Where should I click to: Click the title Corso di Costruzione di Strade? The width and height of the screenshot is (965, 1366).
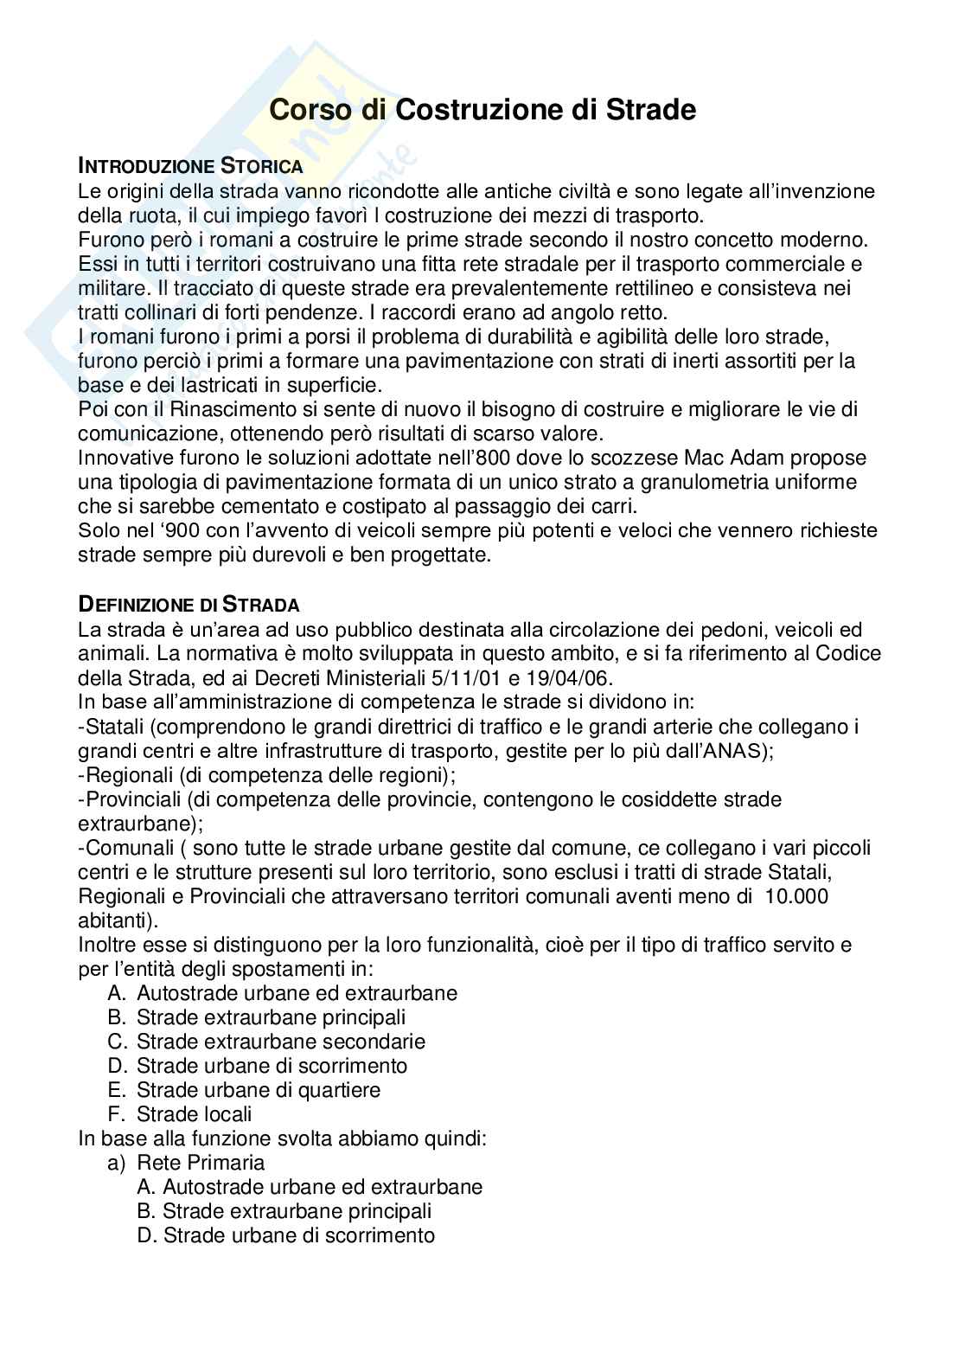coord(482,110)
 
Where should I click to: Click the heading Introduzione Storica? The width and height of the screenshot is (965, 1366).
coord(190,165)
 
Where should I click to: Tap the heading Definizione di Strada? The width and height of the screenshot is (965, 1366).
coord(189,604)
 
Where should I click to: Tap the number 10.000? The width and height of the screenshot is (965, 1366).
coord(796,896)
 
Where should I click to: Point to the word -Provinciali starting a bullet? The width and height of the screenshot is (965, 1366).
coord(129,798)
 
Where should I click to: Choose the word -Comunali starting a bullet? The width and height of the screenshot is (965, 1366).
coord(125,847)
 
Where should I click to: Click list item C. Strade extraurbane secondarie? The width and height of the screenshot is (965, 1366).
coord(267,1042)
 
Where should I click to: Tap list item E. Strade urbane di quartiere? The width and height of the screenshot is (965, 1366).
coord(245,1090)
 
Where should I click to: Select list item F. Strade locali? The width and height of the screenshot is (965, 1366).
coord(181,1114)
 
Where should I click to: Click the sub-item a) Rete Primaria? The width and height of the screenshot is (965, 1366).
coord(186,1163)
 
